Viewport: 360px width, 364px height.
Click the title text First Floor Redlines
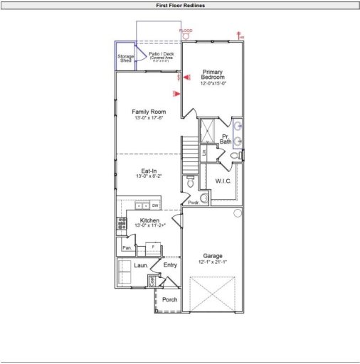click(180, 4)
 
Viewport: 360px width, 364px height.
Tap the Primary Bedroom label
click(213, 74)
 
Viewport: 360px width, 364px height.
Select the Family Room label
click(149, 112)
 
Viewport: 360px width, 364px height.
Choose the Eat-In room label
click(149, 171)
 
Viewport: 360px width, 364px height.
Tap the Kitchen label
click(149, 221)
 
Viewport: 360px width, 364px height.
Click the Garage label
click(213, 256)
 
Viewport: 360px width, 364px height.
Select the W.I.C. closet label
click(225, 181)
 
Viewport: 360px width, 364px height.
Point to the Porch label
click(170, 299)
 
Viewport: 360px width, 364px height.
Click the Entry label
click(170, 265)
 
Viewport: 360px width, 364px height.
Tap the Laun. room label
click(141, 265)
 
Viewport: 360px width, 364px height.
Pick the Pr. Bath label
click(226, 139)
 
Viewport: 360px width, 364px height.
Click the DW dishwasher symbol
click(154, 205)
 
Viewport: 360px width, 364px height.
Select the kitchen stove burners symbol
click(122, 224)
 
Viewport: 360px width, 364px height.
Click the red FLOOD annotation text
click(186, 31)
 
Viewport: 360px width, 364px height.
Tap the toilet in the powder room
click(189, 183)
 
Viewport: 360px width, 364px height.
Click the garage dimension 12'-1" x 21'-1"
click(213, 262)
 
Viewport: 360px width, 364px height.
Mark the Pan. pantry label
click(127, 248)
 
